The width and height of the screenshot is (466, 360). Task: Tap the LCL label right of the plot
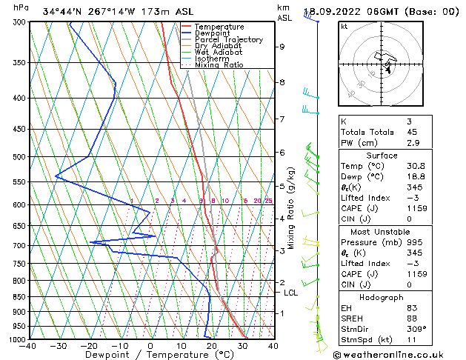292,293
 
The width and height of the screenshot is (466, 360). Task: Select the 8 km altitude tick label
282,82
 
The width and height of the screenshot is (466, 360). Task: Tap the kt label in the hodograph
344,27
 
